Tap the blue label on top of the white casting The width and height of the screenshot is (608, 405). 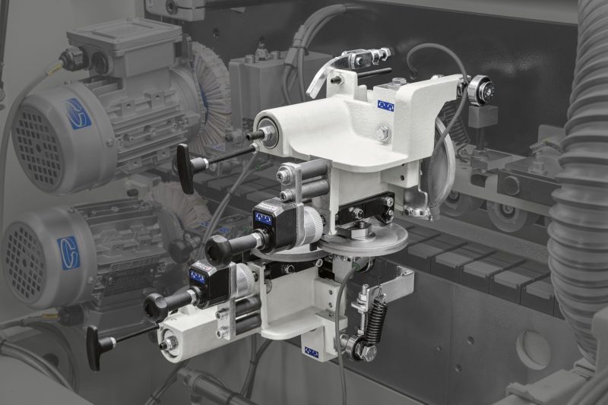pos(385,106)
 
